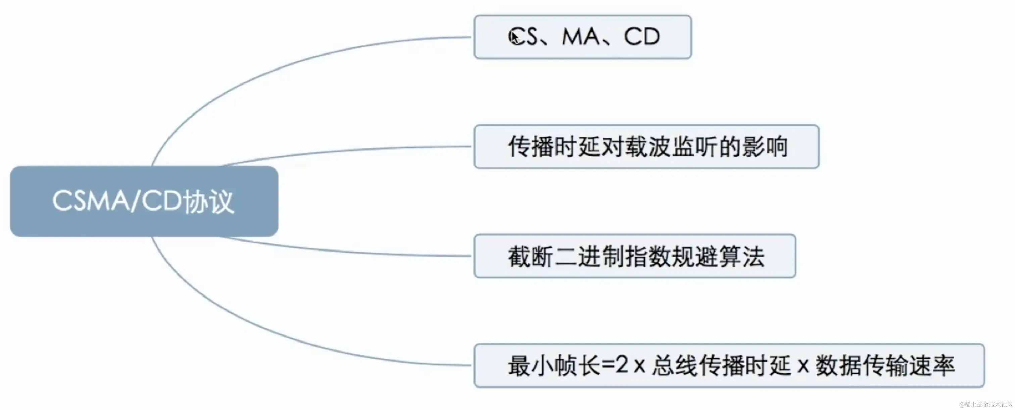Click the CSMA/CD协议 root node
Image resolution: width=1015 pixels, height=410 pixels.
pyautogui.click(x=144, y=201)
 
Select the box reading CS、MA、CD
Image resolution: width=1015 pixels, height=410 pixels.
pyautogui.click(x=582, y=37)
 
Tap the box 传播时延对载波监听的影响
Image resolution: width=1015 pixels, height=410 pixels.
pyautogui.click(x=646, y=147)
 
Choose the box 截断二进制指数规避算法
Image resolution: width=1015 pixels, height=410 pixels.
pyautogui.click(x=635, y=256)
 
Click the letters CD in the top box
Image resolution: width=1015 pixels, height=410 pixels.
pyautogui.click(x=641, y=37)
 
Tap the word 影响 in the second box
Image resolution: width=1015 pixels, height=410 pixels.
pyautogui.click(x=764, y=147)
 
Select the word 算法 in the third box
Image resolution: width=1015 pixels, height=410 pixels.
pyautogui.click(x=742, y=256)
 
